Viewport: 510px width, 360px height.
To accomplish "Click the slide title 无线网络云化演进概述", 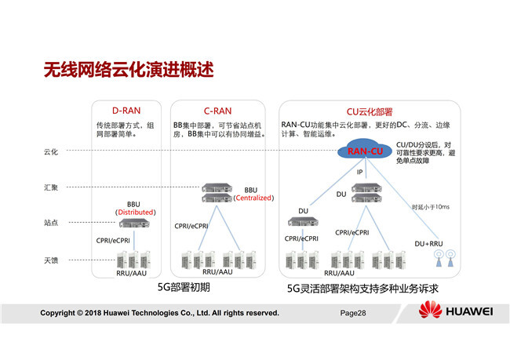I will tap(129, 69).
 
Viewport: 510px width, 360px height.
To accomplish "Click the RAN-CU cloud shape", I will tap(366, 151).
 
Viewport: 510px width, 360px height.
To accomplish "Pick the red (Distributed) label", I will tap(134, 212).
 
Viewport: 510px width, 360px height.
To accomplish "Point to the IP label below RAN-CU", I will tap(360, 172).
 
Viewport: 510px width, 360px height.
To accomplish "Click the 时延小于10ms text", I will tap(431, 206).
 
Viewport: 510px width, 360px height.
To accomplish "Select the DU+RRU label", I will tap(429, 244).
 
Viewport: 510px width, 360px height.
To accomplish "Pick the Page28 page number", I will tap(353, 313).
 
